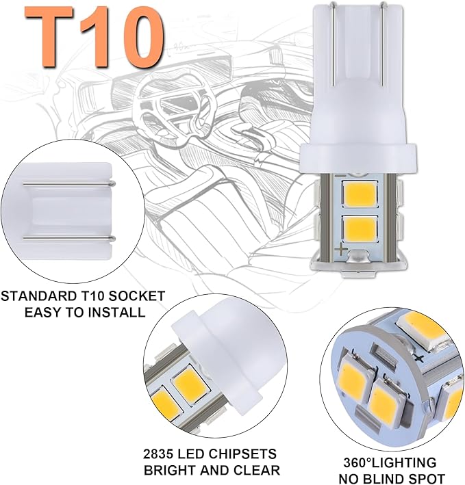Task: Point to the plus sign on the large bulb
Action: click(x=342, y=251)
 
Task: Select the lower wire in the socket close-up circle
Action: click(x=68, y=237)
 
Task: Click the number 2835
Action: click(x=158, y=454)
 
